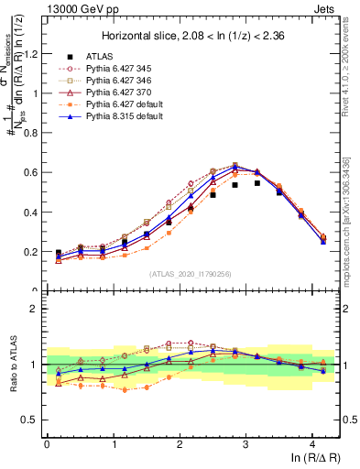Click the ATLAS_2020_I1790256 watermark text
pos(191,273)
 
